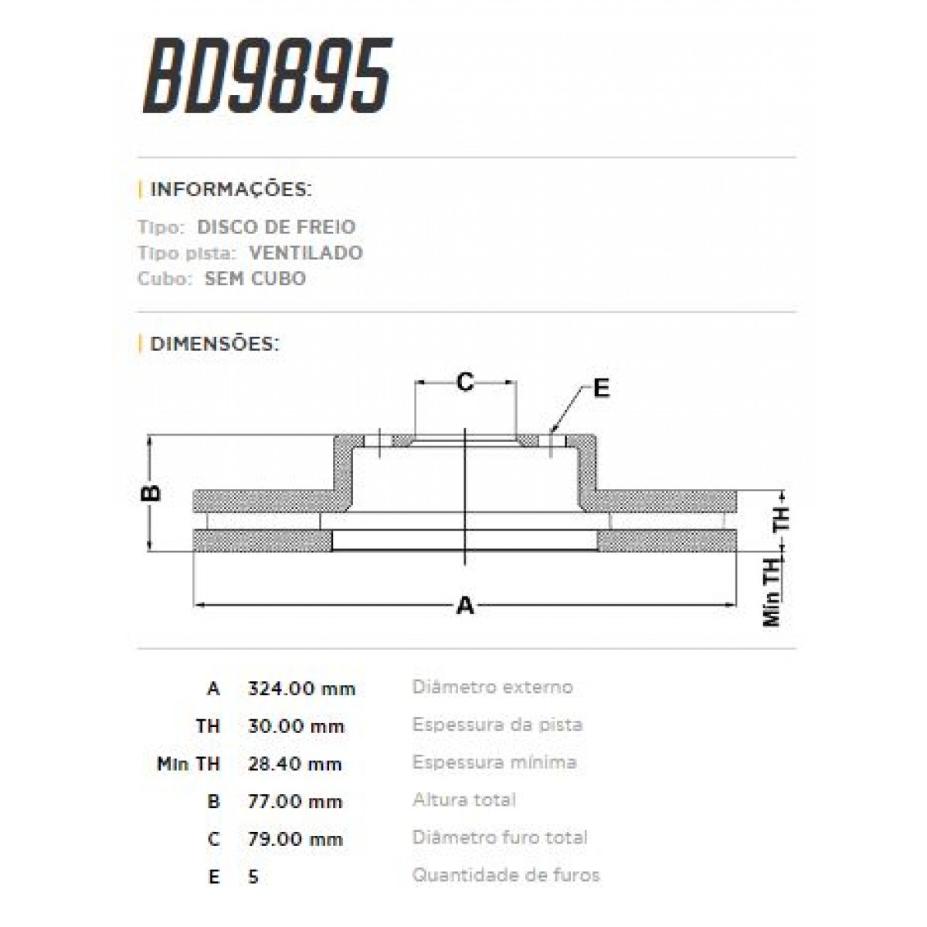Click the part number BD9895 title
click(267, 76)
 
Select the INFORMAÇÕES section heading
click(230, 190)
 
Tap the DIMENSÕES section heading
click(214, 344)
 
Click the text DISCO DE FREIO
click(276, 227)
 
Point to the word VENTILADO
click(305, 253)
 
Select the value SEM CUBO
click(255, 278)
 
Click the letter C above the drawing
click(464, 382)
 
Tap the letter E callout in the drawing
click(601, 389)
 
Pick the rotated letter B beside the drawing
click(153, 492)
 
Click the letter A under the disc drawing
click(464, 606)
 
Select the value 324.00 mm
click(301, 688)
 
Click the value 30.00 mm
click(296, 726)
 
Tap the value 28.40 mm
click(294, 764)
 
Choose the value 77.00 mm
click(294, 802)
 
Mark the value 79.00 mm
click(295, 839)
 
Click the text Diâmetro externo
click(492, 687)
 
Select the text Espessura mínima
click(494, 762)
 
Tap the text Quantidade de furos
click(505, 875)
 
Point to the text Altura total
click(463, 800)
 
